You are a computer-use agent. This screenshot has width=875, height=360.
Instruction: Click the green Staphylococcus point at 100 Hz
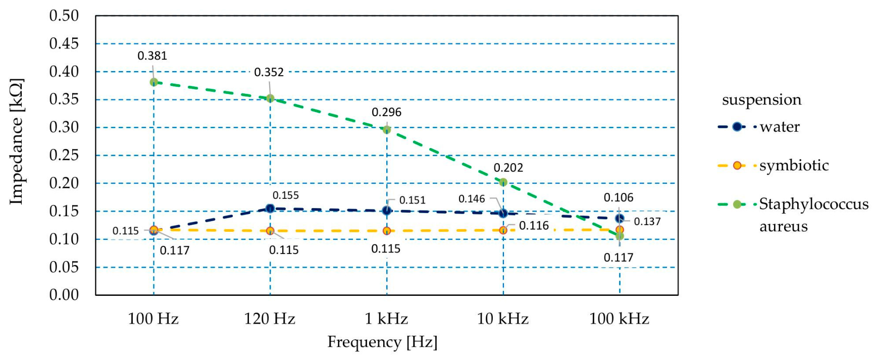[154, 82]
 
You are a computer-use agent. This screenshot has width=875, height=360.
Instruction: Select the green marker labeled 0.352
[270, 98]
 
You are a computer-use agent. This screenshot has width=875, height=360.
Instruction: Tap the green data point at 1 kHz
[387, 130]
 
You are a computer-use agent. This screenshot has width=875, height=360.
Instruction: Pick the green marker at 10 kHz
[503, 182]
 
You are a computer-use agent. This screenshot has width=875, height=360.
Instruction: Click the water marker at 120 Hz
[270, 209]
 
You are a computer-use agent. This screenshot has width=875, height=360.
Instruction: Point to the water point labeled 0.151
[387, 211]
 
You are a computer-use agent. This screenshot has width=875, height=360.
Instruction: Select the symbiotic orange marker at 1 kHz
[387, 231]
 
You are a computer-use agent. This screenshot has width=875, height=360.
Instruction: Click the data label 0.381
[152, 56]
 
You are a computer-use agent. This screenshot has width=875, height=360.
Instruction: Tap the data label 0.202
[508, 168]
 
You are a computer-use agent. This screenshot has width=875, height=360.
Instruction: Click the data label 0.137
[647, 222]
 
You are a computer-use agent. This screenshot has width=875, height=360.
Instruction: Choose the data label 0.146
[472, 199]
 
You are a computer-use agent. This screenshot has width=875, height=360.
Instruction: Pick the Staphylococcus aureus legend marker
[737, 204]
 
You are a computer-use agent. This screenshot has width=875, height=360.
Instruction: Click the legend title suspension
[761, 99]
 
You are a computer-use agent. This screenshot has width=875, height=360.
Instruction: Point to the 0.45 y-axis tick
[64, 44]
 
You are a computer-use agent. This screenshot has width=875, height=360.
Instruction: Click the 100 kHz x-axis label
[619, 319]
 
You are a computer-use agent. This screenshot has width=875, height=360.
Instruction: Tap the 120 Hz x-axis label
[270, 319]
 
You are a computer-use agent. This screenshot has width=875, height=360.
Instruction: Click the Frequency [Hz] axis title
[382, 342]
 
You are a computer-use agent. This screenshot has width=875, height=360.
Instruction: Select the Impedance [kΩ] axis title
[17, 141]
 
